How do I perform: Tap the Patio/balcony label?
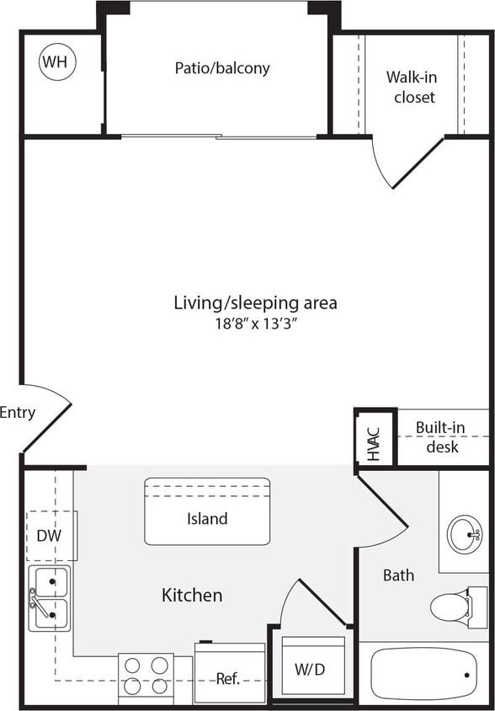coord(222,68)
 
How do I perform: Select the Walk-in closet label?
coord(411,87)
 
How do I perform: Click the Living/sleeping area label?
coord(255,302)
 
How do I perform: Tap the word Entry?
coord(17,413)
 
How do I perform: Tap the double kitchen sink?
coord(50,598)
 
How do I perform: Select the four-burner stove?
coord(146,676)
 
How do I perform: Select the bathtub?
coord(423,673)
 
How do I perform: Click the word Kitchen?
coord(192,596)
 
